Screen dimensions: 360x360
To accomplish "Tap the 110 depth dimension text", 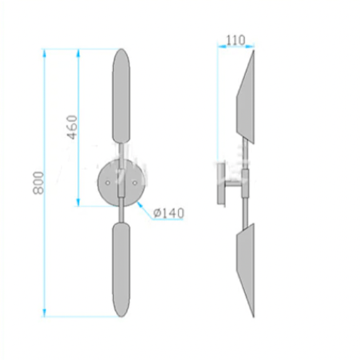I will [235, 41].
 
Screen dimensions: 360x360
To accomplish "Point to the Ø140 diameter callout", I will [169, 214].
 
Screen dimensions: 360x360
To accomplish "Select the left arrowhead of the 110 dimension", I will [220, 46].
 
